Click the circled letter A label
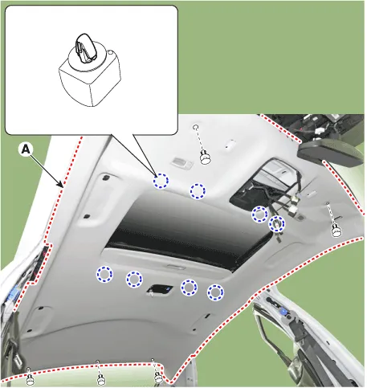[x=26, y=149]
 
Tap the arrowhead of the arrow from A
[x=62, y=185]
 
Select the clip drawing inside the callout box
[x=90, y=70]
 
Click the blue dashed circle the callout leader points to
[x=161, y=181]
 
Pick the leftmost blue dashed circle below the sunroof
[x=104, y=274]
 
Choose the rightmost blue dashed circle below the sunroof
[x=215, y=292]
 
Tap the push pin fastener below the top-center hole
[x=206, y=157]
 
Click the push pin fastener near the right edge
[x=336, y=231]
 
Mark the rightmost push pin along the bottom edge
[x=158, y=378]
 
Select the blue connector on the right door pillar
[x=283, y=312]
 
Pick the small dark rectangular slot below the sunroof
[x=160, y=289]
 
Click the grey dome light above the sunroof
[x=182, y=162]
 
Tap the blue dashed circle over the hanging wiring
[x=277, y=223]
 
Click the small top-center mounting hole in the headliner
[x=196, y=127]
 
